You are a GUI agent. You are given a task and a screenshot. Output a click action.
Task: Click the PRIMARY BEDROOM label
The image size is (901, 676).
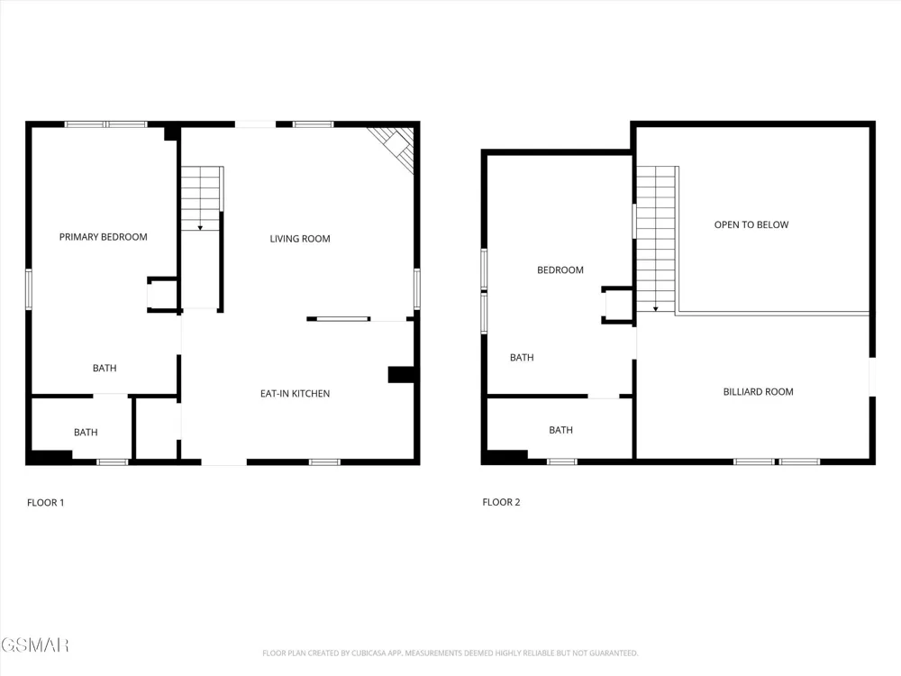point(104,237)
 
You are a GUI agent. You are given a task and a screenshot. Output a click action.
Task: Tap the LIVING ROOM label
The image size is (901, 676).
point(300,239)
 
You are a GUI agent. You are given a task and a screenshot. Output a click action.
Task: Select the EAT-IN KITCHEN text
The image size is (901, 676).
point(295,394)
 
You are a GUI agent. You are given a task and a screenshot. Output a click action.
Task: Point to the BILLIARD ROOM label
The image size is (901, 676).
point(758,392)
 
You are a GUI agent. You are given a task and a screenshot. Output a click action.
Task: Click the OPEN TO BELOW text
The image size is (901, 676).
point(751,224)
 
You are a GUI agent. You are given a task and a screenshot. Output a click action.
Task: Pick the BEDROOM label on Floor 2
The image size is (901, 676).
point(560,270)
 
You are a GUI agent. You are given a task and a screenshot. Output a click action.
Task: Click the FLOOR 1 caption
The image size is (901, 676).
point(45,502)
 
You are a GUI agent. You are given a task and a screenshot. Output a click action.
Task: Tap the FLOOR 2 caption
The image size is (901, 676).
point(501,502)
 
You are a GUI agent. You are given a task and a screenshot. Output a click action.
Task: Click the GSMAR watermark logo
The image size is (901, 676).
point(34,645)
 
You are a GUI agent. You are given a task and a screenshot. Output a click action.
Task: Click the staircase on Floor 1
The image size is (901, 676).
point(201,198)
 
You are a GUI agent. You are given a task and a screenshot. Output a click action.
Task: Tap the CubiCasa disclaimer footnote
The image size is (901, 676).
point(450,653)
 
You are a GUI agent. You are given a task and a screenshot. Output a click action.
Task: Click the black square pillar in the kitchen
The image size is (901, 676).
point(401,375)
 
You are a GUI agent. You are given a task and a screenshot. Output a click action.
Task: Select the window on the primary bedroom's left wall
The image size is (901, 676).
point(28,289)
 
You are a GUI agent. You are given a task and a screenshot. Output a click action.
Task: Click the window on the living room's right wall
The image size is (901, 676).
point(416,288)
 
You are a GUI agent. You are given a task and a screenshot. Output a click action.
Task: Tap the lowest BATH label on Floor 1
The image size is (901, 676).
point(86,433)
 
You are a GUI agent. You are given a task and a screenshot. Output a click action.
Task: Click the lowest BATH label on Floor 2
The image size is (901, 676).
point(560,430)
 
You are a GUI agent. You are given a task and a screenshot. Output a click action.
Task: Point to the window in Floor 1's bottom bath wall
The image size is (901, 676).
point(112,461)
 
